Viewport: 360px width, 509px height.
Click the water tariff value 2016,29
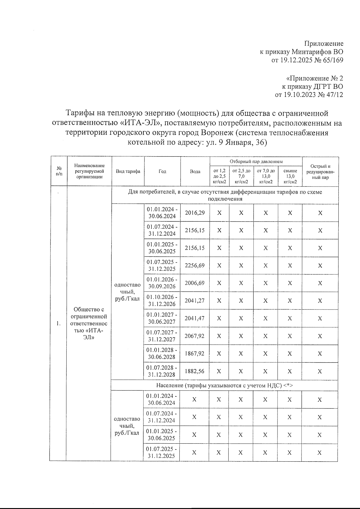(195, 213)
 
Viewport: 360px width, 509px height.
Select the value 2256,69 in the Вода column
(195, 265)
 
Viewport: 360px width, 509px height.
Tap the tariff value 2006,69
(195, 283)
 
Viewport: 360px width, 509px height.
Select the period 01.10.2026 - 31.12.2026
(162, 301)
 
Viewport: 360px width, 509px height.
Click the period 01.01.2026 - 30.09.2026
(162, 283)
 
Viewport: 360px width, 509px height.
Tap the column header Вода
(195, 172)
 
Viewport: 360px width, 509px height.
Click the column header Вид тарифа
(128, 172)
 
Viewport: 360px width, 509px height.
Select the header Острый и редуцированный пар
(320, 172)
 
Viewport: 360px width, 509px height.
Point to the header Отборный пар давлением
(256, 161)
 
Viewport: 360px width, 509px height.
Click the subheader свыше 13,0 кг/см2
(290, 176)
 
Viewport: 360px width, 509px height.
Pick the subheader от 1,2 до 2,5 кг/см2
(219, 176)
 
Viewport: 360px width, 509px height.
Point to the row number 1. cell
(58, 323)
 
